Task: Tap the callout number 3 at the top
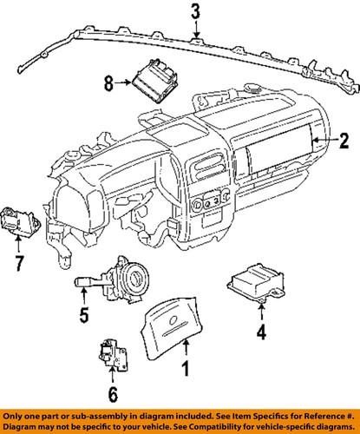pos(196,12)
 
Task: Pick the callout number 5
pos(83,315)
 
